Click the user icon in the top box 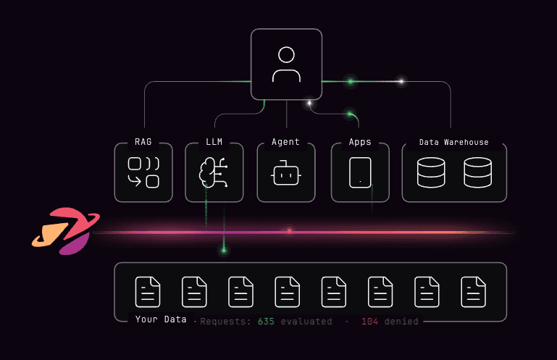(286, 64)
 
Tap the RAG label (143, 143)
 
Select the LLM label (214, 143)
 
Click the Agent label (285, 143)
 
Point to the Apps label (360, 143)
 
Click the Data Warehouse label (454, 143)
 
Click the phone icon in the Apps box (360, 172)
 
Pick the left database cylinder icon (432, 172)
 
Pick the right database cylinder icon (477, 172)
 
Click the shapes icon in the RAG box (143, 172)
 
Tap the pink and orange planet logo (64, 231)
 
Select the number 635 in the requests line (267, 321)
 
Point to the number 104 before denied (370, 321)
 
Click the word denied (401, 321)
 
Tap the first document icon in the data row (148, 291)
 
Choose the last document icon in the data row (474, 291)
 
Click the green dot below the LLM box (224, 251)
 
